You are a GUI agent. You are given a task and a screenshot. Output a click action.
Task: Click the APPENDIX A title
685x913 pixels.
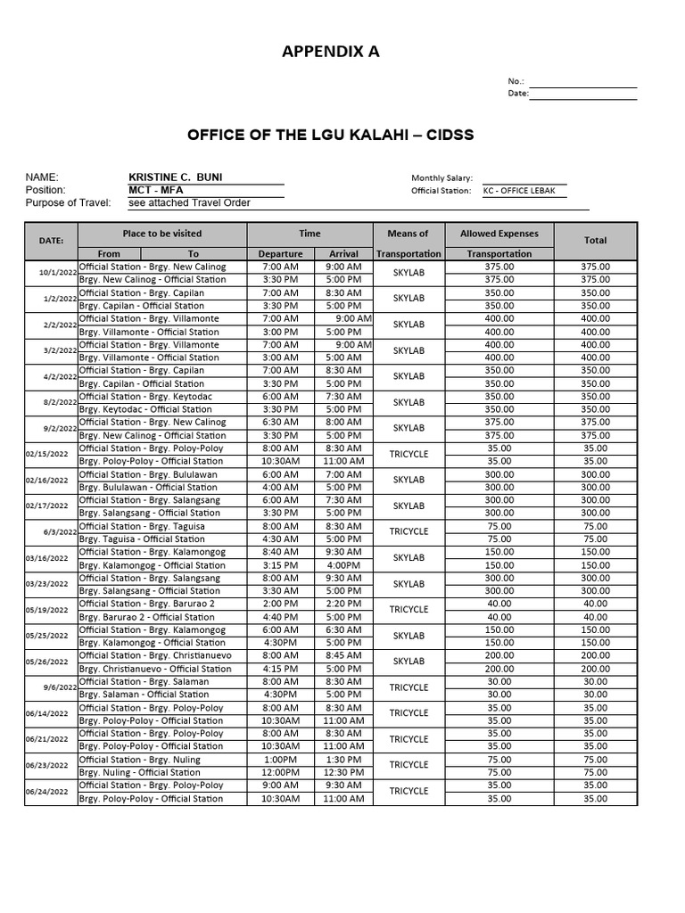(330, 52)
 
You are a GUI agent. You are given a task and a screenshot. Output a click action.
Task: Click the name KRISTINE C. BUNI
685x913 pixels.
(176, 177)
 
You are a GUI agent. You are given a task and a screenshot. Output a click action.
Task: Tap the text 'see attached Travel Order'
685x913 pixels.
(189, 203)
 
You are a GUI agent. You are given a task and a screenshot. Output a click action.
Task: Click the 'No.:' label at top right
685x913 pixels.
(516, 80)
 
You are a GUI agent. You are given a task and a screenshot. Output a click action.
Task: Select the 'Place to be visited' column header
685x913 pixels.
(162, 234)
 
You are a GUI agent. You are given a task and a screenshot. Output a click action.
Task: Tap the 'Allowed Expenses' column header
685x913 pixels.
(499, 234)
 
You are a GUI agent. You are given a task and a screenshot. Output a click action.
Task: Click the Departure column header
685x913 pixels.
(281, 254)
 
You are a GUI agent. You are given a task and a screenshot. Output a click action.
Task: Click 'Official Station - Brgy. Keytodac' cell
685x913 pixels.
(142, 397)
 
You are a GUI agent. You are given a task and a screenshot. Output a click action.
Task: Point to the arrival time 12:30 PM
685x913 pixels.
(343, 773)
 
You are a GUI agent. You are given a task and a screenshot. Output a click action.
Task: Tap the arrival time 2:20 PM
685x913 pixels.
(343, 604)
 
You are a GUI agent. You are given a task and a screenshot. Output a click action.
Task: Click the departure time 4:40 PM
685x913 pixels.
(281, 617)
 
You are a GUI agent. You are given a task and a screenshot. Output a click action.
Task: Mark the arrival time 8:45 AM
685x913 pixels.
(343, 655)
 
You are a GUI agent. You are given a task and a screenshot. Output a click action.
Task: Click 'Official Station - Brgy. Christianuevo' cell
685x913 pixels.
(155, 655)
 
